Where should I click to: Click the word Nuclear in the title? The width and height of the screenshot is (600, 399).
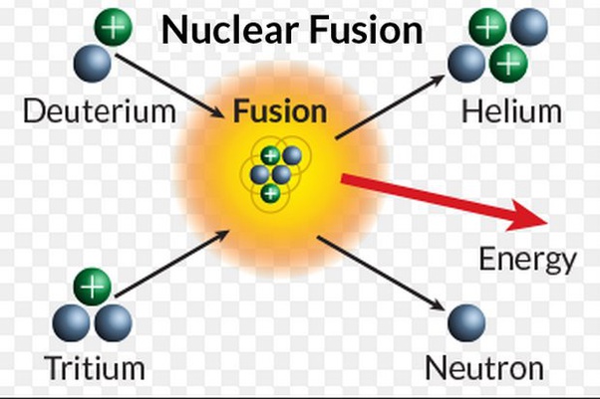(x=230, y=30)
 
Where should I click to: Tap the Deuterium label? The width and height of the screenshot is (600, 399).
(x=100, y=111)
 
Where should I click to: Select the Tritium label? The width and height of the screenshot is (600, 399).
(x=95, y=368)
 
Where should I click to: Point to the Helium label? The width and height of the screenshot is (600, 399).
(x=512, y=111)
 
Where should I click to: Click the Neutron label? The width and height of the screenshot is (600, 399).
(x=484, y=368)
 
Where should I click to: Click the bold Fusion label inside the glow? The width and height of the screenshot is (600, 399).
(x=280, y=111)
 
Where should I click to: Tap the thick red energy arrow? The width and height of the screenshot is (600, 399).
(x=445, y=202)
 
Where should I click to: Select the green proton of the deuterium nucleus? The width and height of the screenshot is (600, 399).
(x=114, y=27)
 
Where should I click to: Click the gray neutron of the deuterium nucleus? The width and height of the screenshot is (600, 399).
(x=93, y=63)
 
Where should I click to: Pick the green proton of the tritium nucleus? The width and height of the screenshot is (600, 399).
(x=93, y=287)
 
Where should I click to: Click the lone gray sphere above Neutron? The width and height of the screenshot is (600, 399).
(x=466, y=323)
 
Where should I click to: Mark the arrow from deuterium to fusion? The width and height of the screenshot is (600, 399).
(x=169, y=86)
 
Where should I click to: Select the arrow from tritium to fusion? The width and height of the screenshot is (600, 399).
(x=171, y=264)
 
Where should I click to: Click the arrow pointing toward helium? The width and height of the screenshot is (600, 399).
(x=390, y=107)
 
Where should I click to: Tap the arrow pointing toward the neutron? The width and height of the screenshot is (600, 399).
(x=381, y=274)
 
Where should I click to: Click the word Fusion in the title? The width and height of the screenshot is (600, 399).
(x=366, y=30)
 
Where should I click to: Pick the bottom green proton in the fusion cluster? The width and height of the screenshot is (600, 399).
(x=270, y=193)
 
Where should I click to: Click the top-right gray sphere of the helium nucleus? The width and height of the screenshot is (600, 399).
(x=529, y=27)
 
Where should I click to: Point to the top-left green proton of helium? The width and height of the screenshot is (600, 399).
(x=487, y=27)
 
